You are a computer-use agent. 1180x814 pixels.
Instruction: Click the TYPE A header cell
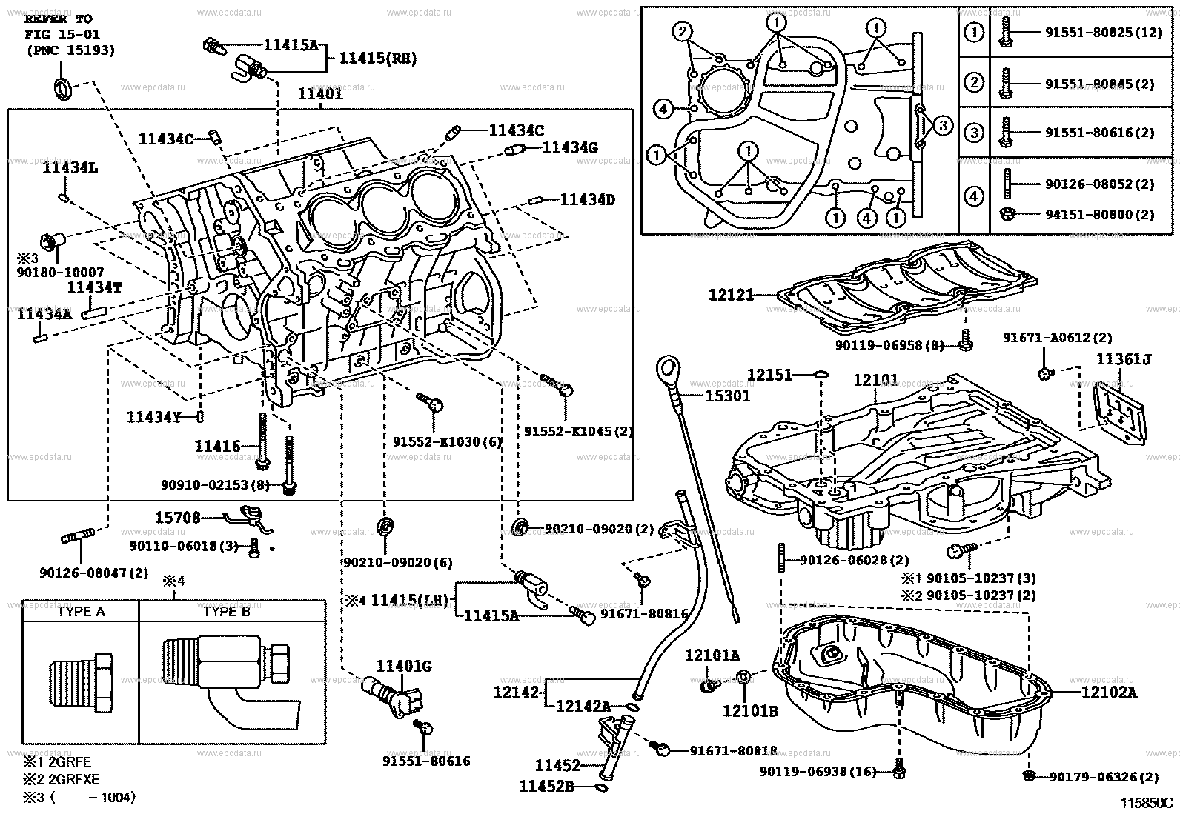pos(81,611)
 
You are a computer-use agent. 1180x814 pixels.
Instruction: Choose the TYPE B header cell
pos(227,611)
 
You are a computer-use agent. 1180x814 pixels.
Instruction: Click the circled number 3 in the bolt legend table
pos(974,133)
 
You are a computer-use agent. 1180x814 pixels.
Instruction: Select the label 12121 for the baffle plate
pos(731,295)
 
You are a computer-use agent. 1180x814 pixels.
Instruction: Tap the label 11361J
pos(1124,360)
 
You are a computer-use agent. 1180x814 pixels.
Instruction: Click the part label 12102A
pos(1108,693)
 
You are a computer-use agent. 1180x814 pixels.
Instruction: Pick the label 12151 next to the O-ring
pos(769,376)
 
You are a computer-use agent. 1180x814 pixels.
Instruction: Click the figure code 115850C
pos(1147,802)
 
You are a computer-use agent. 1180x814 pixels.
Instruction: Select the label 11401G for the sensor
pos(403,667)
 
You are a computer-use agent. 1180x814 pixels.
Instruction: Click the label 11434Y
pos(153,417)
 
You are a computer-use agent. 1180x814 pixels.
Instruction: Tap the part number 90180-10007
pos(59,273)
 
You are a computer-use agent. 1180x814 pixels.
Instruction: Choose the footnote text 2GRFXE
pos(71,779)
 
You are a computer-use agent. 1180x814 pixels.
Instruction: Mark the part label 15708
pos(177,518)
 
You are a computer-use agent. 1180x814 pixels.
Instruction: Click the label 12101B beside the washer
pos(750,711)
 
